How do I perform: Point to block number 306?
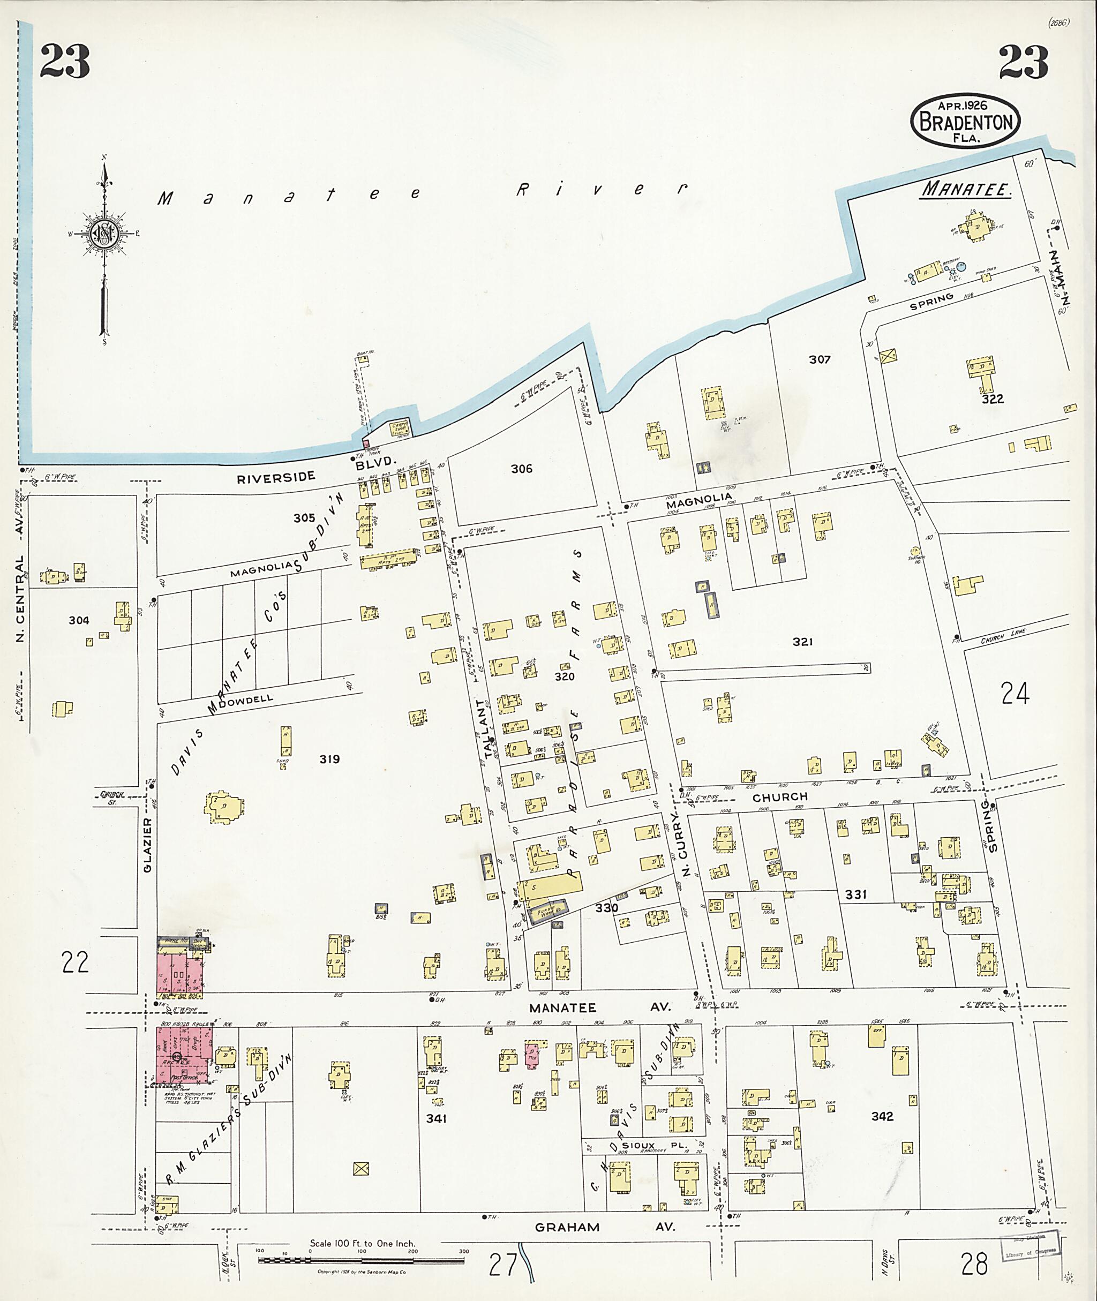[x=521, y=468]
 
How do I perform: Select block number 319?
[x=329, y=759]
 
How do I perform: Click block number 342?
[x=882, y=1116]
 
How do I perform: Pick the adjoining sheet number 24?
[x=1015, y=693]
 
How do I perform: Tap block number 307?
[x=819, y=359]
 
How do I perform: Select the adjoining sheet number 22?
[x=75, y=962]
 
